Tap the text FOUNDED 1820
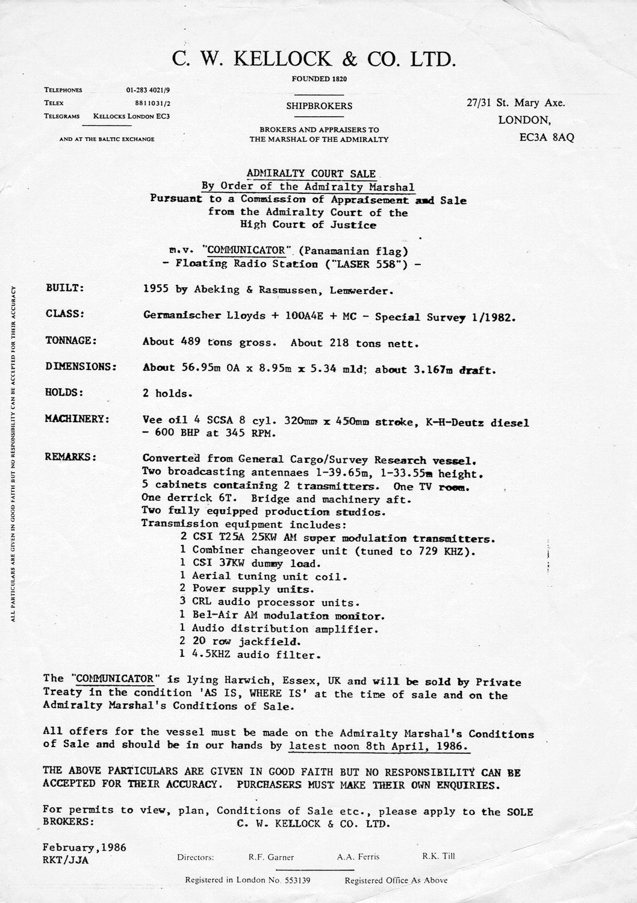pos(319,79)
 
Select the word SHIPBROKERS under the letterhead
pos(319,106)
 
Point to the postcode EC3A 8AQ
pos(546,137)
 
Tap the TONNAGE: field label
pos(71,341)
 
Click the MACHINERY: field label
pos(77,419)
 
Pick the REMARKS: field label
pos(71,457)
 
